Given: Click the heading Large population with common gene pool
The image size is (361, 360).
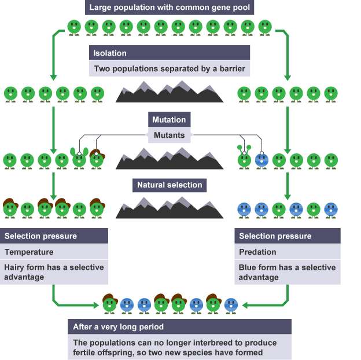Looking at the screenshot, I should [x=169, y=8].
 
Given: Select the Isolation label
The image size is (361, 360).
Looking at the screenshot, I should [x=110, y=53].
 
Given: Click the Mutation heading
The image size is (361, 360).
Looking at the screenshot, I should [x=169, y=120].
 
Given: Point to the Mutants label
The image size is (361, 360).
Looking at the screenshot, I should [x=169, y=135].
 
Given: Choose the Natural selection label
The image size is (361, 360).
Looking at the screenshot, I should [x=170, y=185].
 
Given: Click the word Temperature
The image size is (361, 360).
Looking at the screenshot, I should [x=29, y=252].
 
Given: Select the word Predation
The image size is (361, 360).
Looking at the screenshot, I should [x=257, y=252].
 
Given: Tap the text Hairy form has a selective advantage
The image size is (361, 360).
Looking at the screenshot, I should [x=54, y=272].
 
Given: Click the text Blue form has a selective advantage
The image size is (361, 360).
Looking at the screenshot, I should [x=287, y=272].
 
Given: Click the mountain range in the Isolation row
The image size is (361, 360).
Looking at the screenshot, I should [x=170, y=93].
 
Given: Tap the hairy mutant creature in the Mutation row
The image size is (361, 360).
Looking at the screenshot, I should [x=97, y=159].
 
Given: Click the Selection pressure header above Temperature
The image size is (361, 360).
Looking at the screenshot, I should [x=40, y=236].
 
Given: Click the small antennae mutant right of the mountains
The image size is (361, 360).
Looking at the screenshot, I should [x=244, y=159].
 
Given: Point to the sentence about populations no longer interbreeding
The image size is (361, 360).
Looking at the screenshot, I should [x=175, y=347].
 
